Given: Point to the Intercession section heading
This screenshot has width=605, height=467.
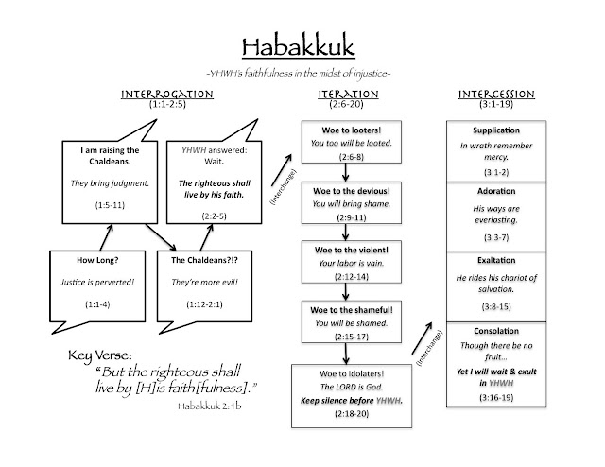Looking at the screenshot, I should coord(493,96).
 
